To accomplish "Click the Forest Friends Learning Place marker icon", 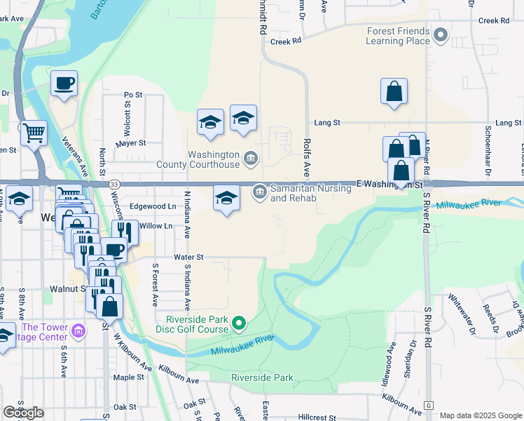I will [441, 34].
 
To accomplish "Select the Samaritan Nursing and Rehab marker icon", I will [259, 190].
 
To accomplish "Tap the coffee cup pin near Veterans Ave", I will [64, 83].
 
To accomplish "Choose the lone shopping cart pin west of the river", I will [34, 132].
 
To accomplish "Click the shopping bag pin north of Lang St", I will [394, 91].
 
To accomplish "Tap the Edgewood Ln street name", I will [153, 207].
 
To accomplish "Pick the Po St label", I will [132, 95].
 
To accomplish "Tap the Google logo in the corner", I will [23, 413].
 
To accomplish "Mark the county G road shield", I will [429, 406].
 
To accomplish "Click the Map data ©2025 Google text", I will [481, 415].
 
